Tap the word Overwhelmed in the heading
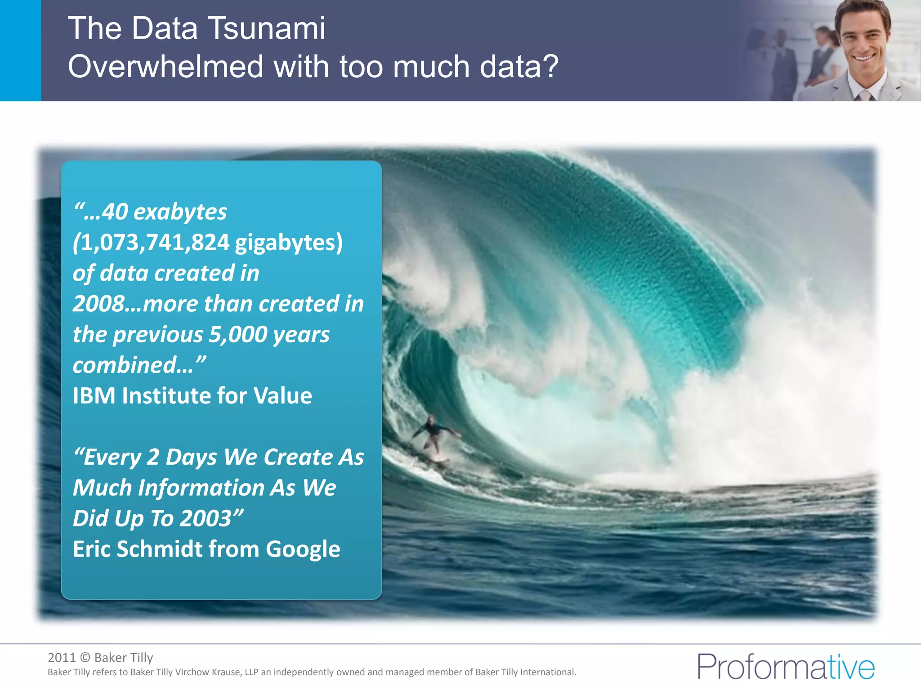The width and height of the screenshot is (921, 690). point(165,67)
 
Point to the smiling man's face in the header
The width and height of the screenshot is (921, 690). point(863,38)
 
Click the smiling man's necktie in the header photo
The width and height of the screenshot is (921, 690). point(864,95)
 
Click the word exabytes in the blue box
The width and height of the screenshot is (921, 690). point(180,212)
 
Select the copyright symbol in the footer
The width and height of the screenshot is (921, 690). point(85,658)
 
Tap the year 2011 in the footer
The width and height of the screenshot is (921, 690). point(62,658)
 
